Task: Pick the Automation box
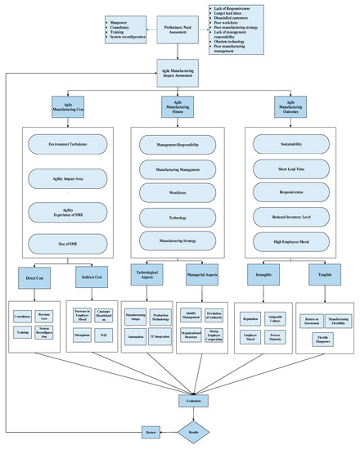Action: pyautogui.click(x=136, y=335)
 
